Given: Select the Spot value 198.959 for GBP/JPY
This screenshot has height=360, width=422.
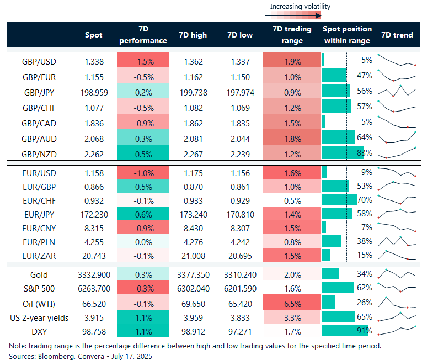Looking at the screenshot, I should point(94,91).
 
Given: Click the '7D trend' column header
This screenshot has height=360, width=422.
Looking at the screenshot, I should point(397,35).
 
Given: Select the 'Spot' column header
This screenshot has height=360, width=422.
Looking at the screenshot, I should point(94,35).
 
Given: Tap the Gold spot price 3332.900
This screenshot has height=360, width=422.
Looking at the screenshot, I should point(94,274).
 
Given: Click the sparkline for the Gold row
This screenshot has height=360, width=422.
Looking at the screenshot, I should point(397,274).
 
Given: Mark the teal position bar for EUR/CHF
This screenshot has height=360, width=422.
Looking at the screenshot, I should point(339,199).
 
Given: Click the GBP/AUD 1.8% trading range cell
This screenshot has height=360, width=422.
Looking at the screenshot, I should point(292,137).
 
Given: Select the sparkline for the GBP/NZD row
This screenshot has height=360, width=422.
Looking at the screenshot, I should point(397,152).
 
